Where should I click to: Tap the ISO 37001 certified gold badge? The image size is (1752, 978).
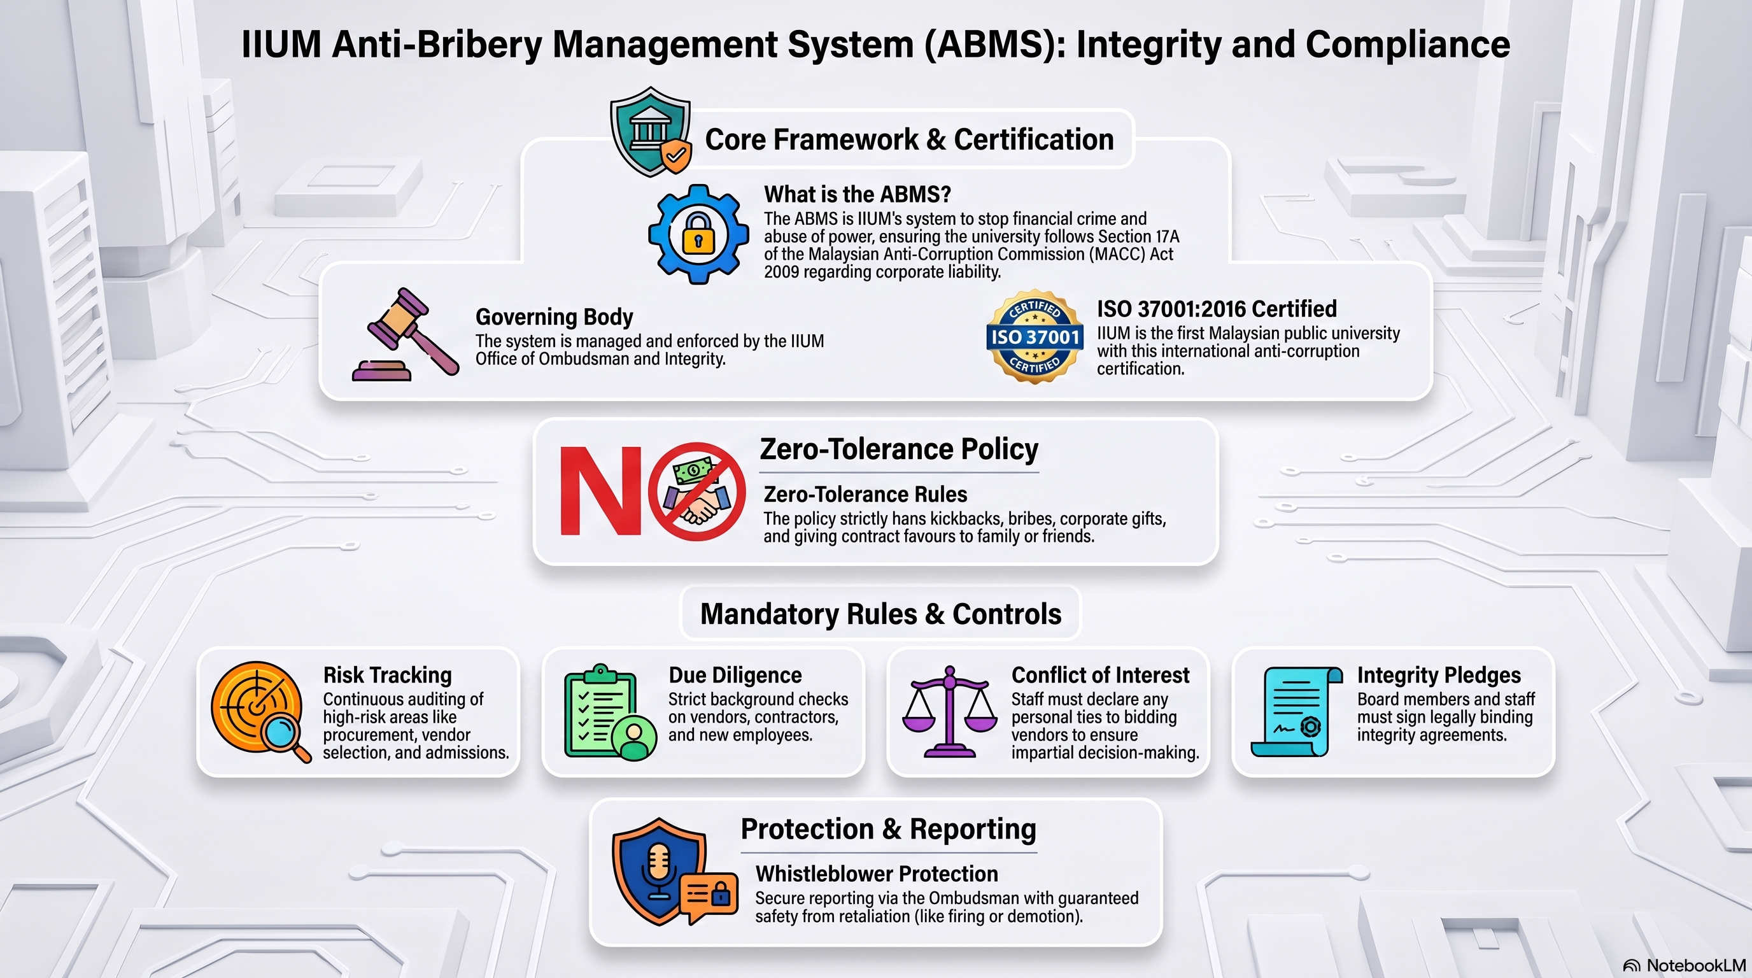[x=1035, y=337]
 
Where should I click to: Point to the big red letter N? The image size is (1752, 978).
[x=600, y=490]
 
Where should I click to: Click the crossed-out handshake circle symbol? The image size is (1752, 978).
[x=696, y=491]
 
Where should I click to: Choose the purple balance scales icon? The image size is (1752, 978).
[x=949, y=711]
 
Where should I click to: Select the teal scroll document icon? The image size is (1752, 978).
[x=1296, y=711]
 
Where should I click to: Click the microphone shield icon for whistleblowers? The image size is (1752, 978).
[x=674, y=871]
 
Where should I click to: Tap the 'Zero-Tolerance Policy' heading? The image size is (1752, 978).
[x=899, y=449]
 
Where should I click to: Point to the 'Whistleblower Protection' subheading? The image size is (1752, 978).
[x=877, y=874]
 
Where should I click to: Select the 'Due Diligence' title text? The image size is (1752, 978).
[x=735, y=676]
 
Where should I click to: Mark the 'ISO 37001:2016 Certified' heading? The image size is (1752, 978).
[x=1217, y=309]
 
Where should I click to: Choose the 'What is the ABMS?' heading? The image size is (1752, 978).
[x=857, y=194]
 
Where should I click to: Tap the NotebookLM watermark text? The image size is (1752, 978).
[x=1695, y=965]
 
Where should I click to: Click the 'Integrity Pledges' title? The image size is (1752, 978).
[x=1439, y=676]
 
